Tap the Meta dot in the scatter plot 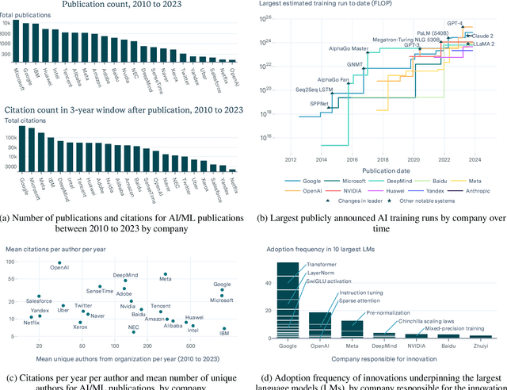click(x=164, y=274)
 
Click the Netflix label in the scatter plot click(x=32, y=323)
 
